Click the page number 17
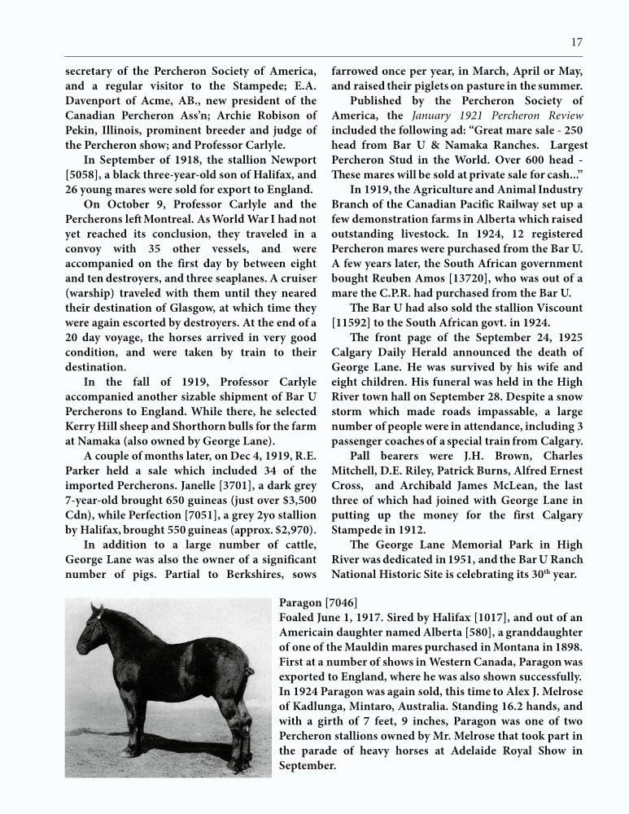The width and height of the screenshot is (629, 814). pos(576,42)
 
